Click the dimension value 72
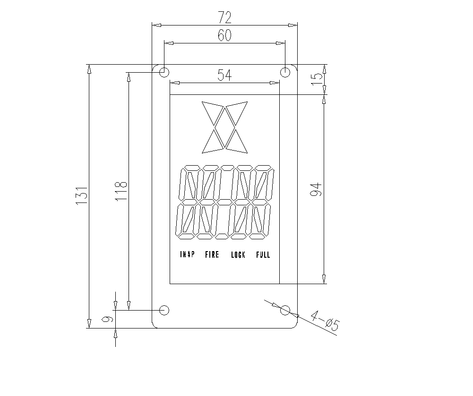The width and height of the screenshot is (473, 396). [x=225, y=18]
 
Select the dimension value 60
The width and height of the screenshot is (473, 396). [x=225, y=35]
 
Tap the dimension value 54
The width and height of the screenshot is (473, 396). [x=225, y=75]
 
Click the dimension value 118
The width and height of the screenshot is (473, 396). [x=121, y=191]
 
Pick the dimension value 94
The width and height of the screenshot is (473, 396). [x=316, y=190]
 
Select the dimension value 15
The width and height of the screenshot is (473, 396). [x=317, y=79]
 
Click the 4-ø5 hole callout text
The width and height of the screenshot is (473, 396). [x=325, y=320]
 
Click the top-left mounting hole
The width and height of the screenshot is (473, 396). [x=164, y=72]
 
